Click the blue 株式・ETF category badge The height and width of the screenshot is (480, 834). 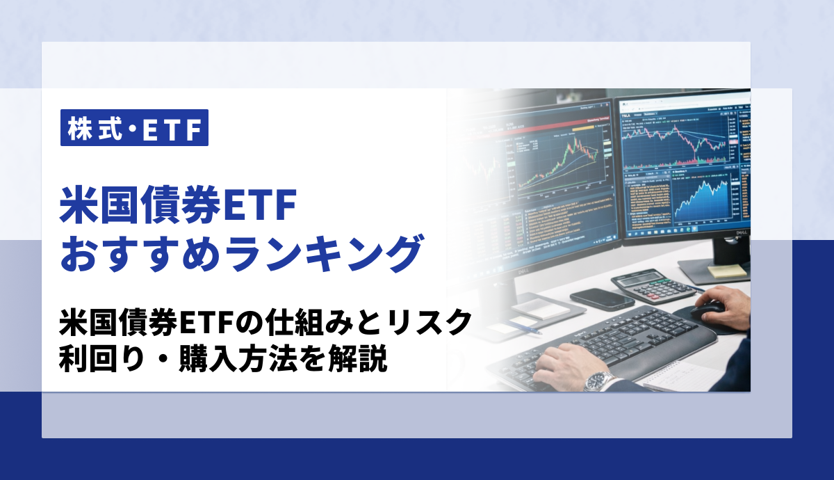pos(134,128)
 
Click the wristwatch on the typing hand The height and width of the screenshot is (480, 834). pos(600,381)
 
